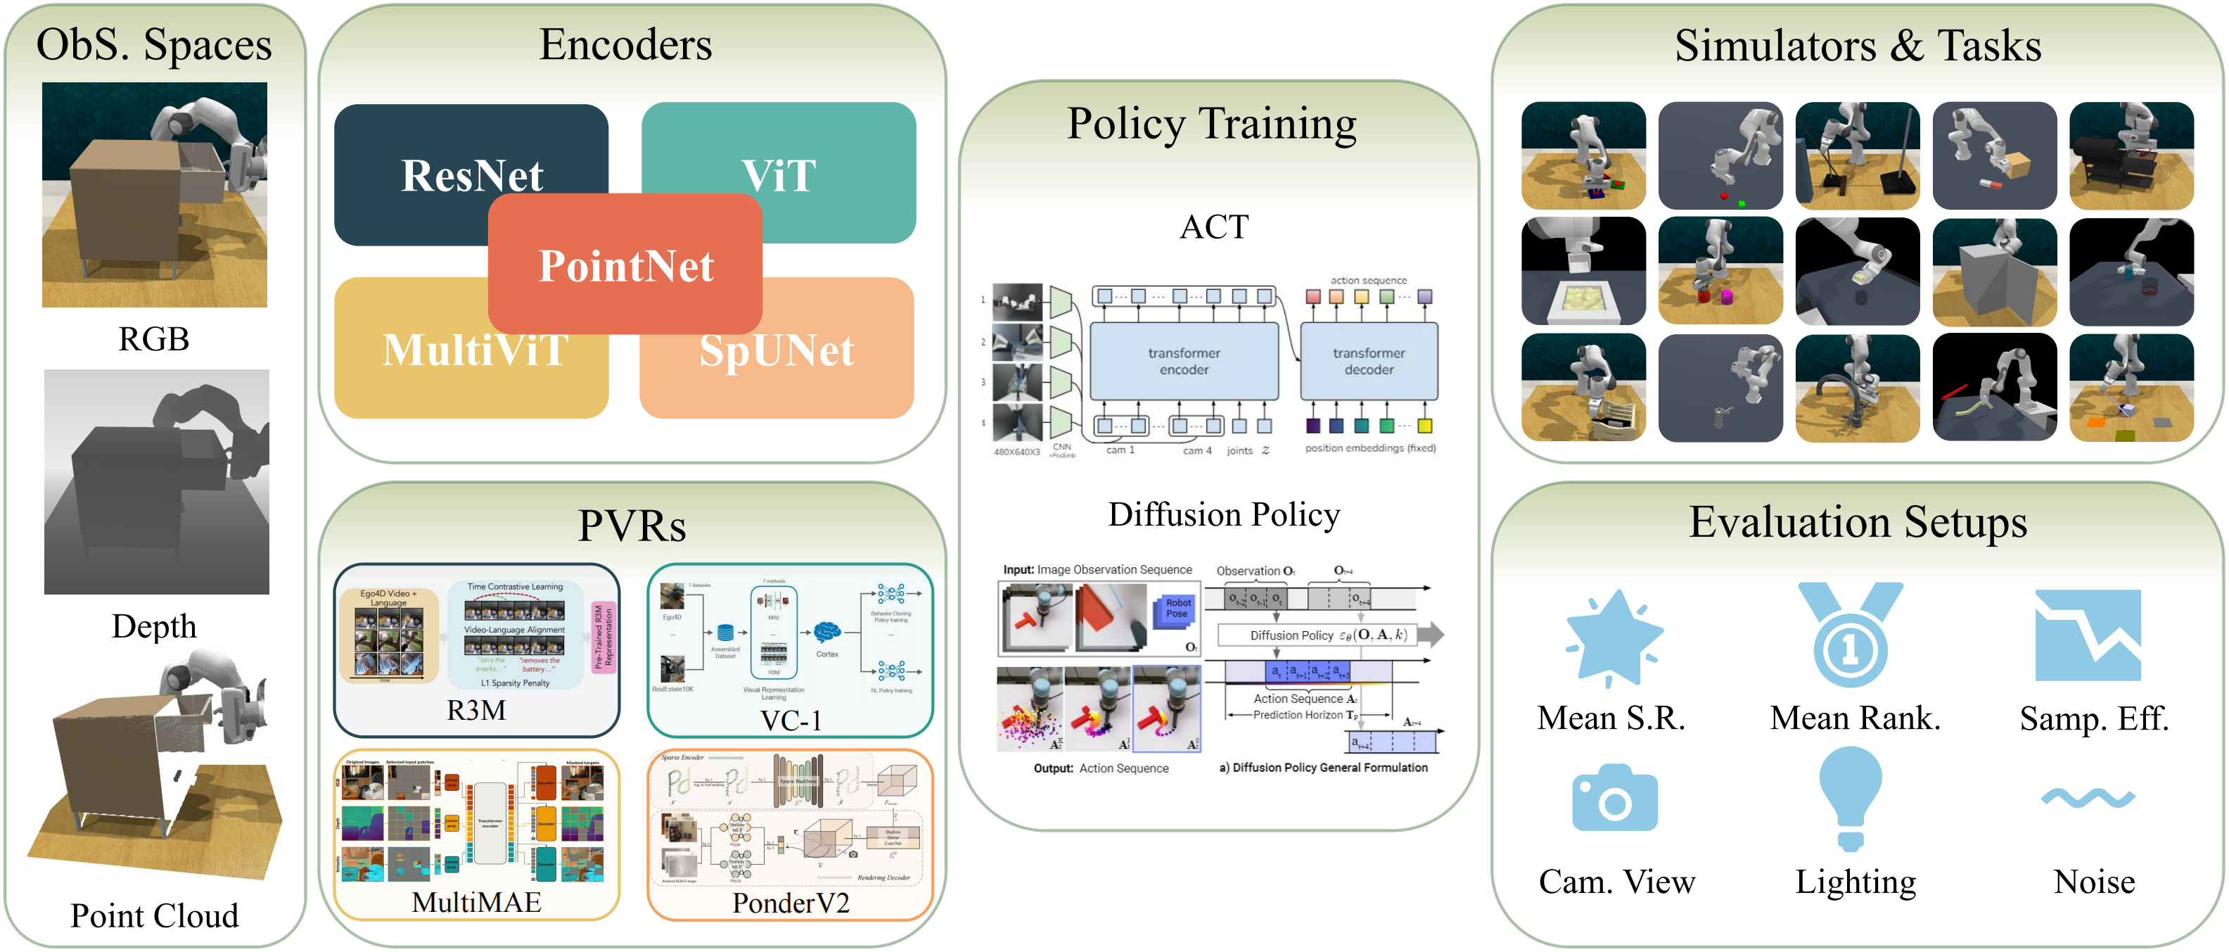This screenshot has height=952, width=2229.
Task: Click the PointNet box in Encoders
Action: [625, 265]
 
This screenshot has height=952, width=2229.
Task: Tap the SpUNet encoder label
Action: [776, 350]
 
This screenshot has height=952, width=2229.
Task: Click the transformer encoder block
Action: [1184, 361]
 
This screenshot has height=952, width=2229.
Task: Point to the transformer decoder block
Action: [1368, 361]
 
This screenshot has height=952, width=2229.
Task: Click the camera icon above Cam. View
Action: [1615, 800]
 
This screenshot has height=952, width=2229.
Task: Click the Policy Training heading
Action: [1211, 124]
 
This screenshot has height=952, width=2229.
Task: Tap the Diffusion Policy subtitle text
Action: [1224, 515]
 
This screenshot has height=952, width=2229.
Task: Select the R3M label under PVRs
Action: [476, 711]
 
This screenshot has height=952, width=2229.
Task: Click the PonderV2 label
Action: [790, 903]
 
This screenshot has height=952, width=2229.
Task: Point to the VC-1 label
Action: [790, 720]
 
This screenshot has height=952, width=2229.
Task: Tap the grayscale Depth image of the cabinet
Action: [157, 482]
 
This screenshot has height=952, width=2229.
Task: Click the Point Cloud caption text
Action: [154, 915]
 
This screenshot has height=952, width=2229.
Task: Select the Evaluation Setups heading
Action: [1857, 523]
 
